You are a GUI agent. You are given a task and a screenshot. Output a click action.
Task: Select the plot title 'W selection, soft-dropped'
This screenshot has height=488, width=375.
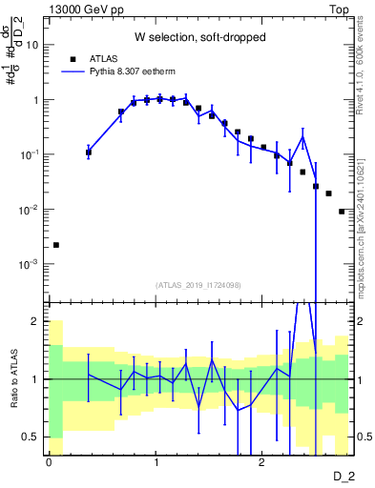click(199, 38)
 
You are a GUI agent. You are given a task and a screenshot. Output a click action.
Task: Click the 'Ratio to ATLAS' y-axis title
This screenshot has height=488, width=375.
click(13, 380)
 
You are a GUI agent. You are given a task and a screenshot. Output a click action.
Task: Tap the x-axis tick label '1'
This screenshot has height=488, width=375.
click(155, 461)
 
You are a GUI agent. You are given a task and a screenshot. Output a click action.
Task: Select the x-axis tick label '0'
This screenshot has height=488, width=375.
click(48, 461)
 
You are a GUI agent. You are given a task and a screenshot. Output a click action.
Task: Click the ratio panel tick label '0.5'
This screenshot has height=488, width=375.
click(30, 437)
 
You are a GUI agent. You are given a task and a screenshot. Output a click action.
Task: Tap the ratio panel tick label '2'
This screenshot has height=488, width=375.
click(36, 321)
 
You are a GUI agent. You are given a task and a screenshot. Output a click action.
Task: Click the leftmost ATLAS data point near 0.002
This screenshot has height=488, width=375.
click(55, 245)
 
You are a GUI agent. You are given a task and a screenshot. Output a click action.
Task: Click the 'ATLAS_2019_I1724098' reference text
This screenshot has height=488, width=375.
click(199, 285)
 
